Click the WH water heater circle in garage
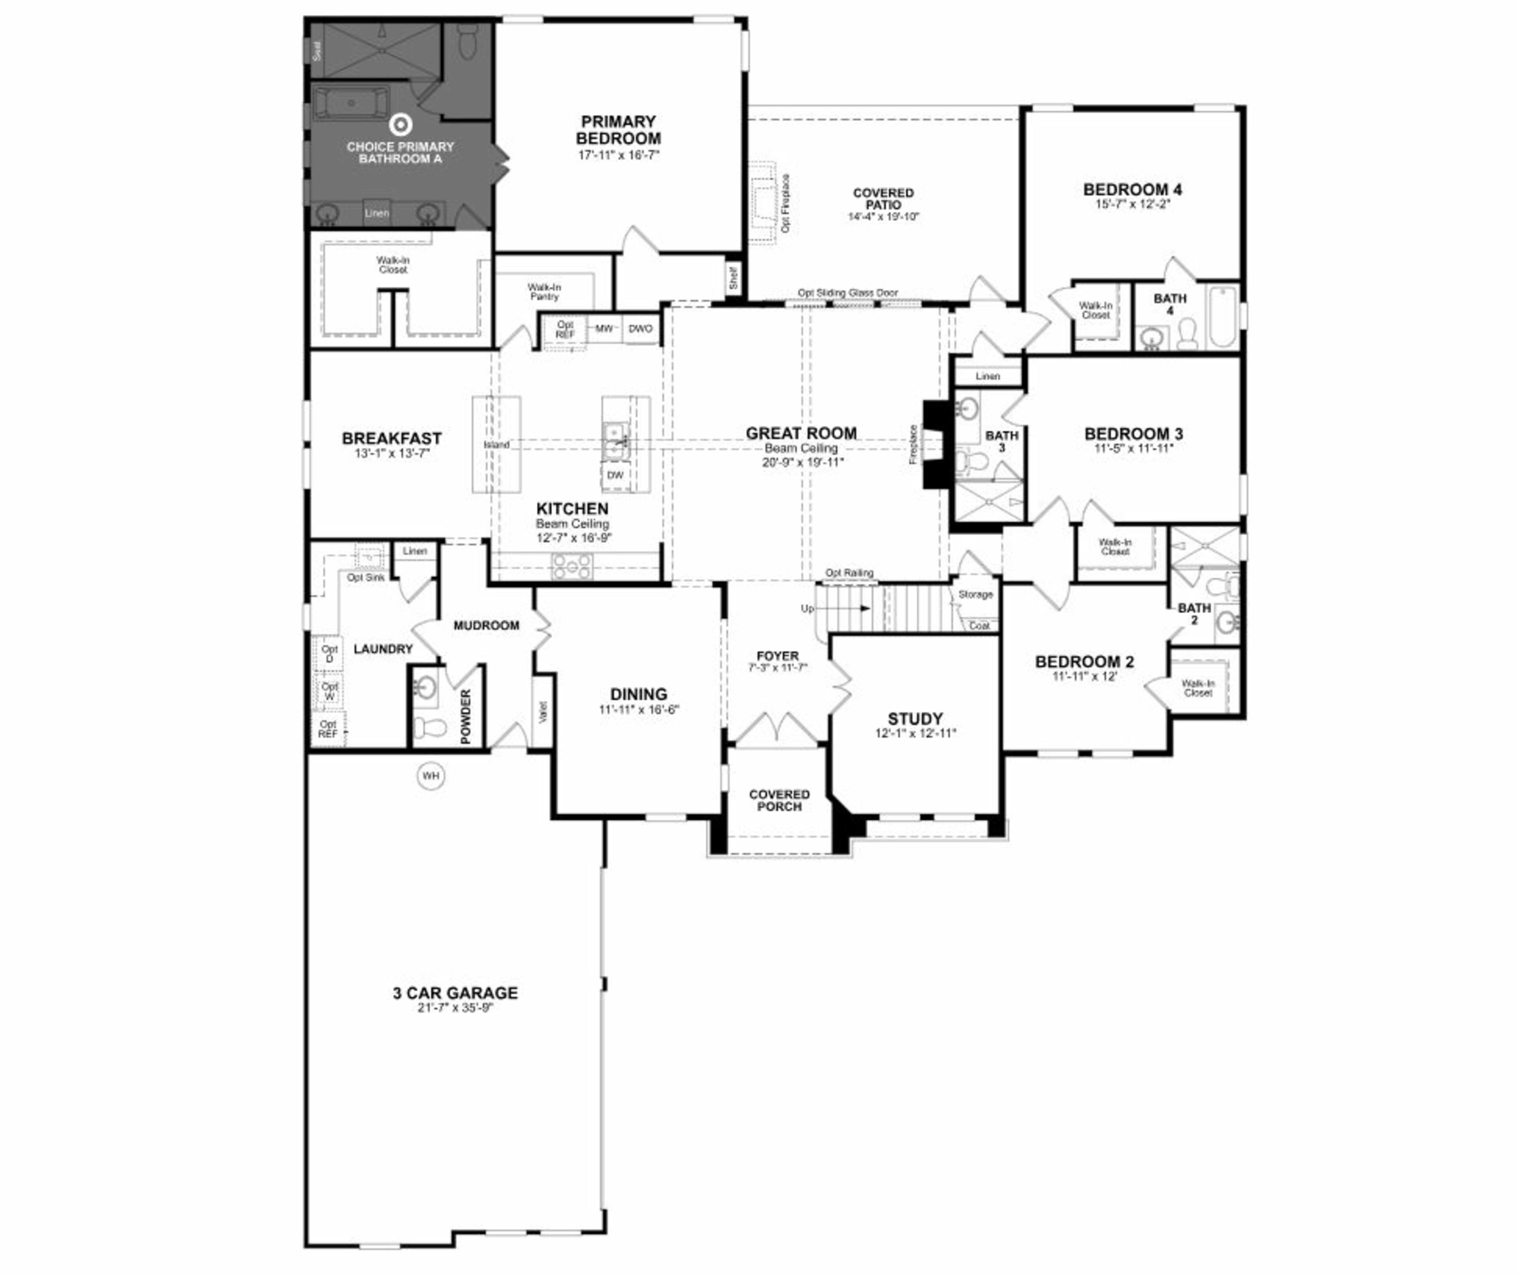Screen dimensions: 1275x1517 431,776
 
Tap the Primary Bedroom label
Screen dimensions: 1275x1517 618,130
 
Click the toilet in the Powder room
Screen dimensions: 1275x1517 430,727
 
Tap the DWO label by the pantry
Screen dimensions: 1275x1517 640,329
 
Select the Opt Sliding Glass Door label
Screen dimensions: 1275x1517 848,293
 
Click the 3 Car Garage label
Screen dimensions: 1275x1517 455,993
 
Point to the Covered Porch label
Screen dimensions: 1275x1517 779,800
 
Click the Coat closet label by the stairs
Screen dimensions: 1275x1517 979,626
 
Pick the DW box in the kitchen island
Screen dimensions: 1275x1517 615,475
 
